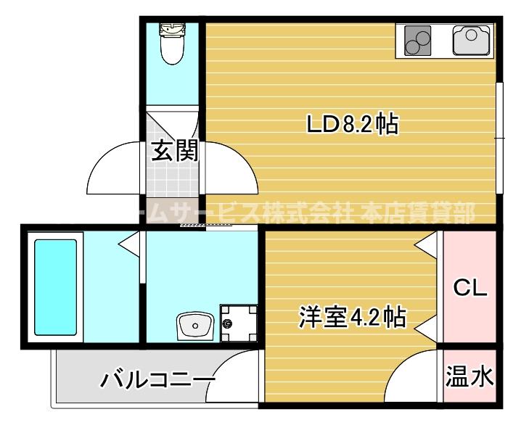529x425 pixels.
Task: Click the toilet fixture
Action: coord(171,43)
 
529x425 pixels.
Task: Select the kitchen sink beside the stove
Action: coord(472,40)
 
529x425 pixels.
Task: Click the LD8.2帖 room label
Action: coord(351,125)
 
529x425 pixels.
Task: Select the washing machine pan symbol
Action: coord(239,323)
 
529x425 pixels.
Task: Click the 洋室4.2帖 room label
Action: coord(351,317)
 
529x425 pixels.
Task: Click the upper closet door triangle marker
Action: coord(429,246)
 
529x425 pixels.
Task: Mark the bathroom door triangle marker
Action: coord(131,244)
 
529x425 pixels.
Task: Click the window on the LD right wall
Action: coord(499,138)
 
